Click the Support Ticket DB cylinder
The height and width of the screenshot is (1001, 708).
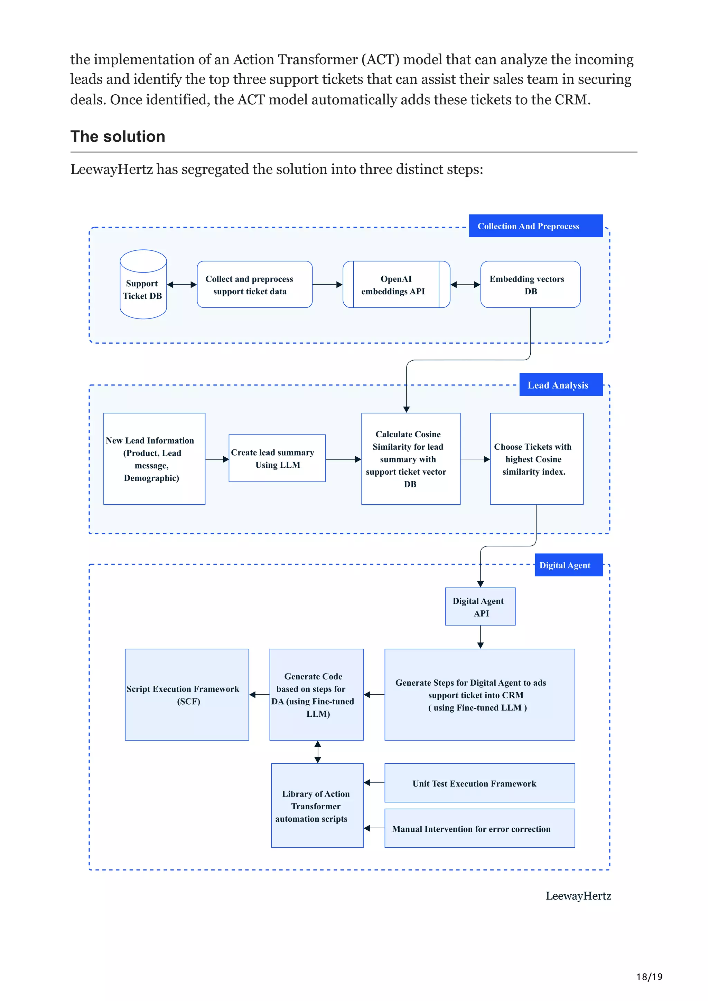click(143, 284)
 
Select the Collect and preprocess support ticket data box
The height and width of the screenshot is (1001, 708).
click(254, 285)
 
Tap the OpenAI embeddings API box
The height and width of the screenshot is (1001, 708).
click(396, 285)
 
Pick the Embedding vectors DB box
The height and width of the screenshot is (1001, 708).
click(530, 285)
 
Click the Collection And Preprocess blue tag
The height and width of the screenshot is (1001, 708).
click(535, 226)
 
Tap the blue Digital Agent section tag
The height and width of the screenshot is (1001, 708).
click(568, 565)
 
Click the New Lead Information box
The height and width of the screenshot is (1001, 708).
click(154, 459)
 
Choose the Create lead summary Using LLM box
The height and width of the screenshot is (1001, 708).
click(277, 458)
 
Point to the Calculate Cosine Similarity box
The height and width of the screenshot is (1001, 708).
click(410, 459)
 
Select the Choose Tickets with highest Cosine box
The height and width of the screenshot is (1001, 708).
click(536, 459)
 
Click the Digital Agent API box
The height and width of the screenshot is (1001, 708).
click(480, 607)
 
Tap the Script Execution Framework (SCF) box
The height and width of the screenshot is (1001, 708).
click(187, 695)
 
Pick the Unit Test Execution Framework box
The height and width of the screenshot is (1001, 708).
click(479, 783)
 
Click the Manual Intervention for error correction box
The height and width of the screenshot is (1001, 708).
click(479, 828)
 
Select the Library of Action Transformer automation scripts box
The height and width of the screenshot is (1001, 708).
click(317, 806)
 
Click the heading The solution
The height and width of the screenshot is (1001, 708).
click(118, 136)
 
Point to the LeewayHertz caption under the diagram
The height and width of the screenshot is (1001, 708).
click(578, 896)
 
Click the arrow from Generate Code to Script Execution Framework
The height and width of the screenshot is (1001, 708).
click(260, 695)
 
